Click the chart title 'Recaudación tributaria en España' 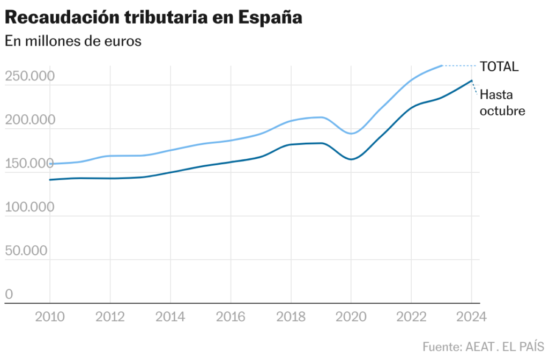[153, 17]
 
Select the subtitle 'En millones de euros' [73, 41]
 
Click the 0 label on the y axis [9, 294]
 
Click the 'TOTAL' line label [499, 67]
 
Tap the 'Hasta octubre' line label [502, 102]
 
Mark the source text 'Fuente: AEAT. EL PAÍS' [483, 346]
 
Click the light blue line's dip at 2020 [351, 134]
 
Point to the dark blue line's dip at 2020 [351, 159]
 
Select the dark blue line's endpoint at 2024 [471, 80]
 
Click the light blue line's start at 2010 [50, 164]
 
